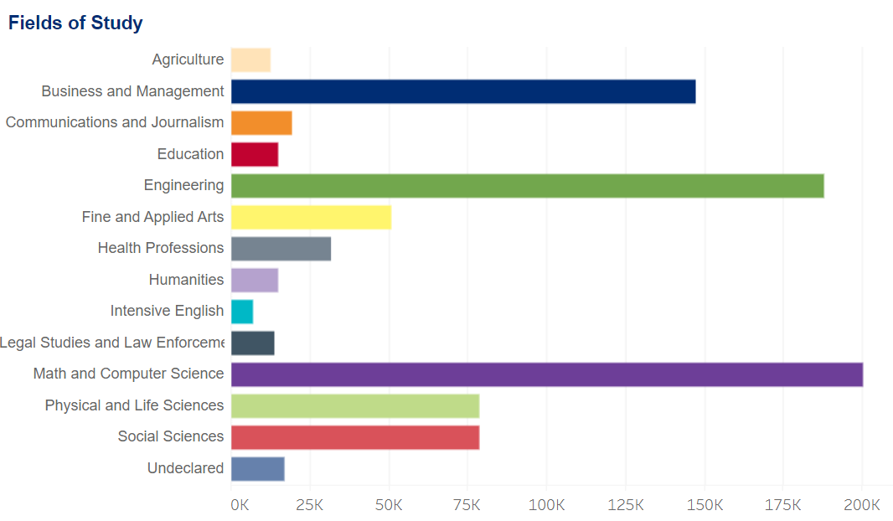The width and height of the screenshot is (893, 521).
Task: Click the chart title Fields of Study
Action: click(75, 23)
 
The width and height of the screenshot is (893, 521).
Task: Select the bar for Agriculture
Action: click(250, 60)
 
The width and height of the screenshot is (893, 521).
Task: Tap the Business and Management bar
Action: click(463, 91)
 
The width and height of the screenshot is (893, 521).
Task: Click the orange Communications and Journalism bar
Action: click(261, 123)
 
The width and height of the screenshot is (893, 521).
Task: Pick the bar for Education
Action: click(255, 154)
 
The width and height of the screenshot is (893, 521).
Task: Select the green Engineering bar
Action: click(528, 186)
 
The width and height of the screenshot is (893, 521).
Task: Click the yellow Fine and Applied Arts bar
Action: click(311, 217)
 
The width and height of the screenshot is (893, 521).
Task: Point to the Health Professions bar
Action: click(281, 249)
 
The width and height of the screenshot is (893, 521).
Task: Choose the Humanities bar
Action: click(255, 280)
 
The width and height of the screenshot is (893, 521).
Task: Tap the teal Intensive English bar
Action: click(242, 312)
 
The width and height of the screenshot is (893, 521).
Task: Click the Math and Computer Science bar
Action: click(547, 374)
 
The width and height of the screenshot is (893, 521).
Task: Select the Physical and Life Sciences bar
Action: click(355, 405)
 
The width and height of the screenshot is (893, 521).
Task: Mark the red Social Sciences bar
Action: click(355, 437)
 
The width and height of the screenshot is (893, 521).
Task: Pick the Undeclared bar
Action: click(258, 469)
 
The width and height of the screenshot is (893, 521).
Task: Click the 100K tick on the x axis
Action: click(546, 505)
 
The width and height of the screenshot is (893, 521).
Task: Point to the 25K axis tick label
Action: click(310, 505)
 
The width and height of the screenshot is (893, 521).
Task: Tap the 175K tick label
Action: click(783, 505)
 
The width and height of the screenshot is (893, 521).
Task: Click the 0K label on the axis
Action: click(240, 505)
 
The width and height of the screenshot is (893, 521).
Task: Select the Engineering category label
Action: click(183, 186)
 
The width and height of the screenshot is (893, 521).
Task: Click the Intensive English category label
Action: click(167, 312)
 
